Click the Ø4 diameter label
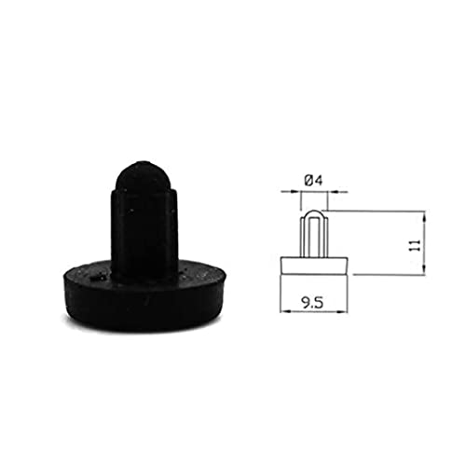pos(313,181)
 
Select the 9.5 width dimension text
pos(312,302)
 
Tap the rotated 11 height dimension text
pos(416,245)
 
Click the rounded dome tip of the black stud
pos(143,175)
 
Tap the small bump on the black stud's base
pos(97,276)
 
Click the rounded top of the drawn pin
pos(314,214)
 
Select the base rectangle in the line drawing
pos(314,266)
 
